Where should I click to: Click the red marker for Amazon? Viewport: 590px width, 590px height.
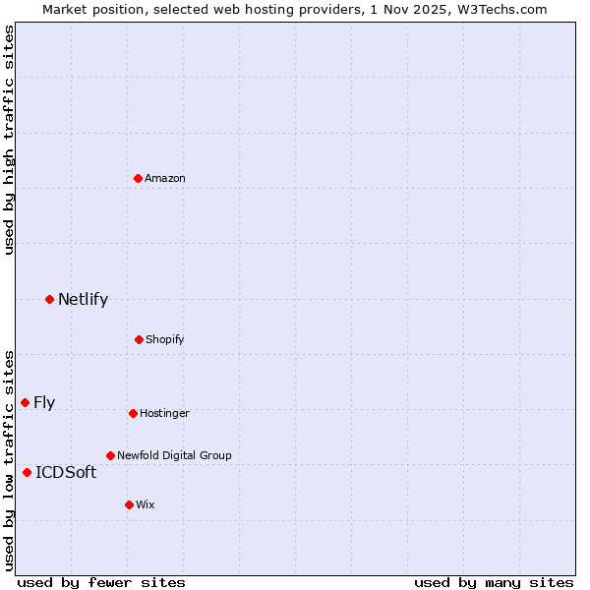point(139,178)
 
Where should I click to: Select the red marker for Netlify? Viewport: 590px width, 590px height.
point(49,299)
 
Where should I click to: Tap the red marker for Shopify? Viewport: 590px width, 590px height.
point(139,339)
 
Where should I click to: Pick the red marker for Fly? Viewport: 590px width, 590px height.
point(25,402)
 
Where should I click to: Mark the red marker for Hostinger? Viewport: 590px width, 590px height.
point(133,413)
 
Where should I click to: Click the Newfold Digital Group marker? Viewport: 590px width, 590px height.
point(110,455)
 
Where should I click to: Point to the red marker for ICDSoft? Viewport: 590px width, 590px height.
point(27,472)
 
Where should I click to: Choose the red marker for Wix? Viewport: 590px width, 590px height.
point(129,504)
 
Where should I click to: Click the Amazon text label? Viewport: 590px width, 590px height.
point(165,178)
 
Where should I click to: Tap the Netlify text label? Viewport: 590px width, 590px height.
point(83,299)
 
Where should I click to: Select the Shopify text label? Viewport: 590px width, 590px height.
point(165,339)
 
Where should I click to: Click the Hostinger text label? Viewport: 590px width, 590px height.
point(164,413)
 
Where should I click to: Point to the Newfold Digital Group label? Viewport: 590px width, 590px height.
point(174,455)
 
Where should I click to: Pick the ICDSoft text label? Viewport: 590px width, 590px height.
point(66,472)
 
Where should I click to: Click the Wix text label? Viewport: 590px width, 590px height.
point(146,504)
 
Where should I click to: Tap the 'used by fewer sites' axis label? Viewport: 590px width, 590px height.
point(100,582)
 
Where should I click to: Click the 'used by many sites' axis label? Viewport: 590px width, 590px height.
point(494,582)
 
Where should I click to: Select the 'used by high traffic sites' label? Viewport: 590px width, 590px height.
point(9,140)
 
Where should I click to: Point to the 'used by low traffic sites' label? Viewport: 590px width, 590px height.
point(9,459)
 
